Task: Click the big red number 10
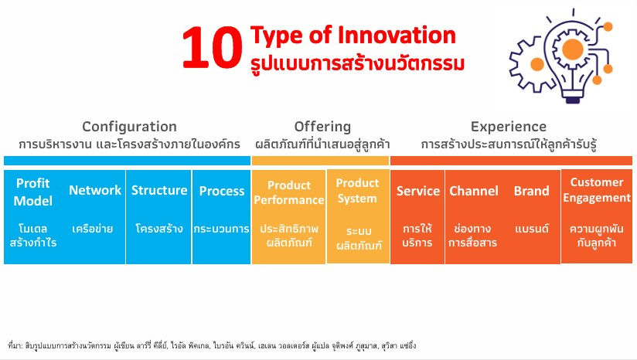(x=212, y=48)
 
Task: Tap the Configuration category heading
(x=129, y=127)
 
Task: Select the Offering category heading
(x=322, y=127)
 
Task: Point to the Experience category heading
(x=509, y=127)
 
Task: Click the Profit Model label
(x=33, y=192)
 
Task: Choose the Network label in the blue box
(x=95, y=190)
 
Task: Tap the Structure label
(x=158, y=190)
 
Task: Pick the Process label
(x=222, y=191)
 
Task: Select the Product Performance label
(x=289, y=192)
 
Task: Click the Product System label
(x=357, y=190)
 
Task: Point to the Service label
(x=418, y=191)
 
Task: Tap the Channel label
(x=474, y=191)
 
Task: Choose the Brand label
(x=531, y=191)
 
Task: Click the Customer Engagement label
(x=596, y=190)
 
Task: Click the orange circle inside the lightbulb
(x=573, y=49)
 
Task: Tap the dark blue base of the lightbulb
(x=572, y=99)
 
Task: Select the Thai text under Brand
(x=531, y=229)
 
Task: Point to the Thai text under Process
(x=221, y=229)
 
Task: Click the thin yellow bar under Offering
(x=320, y=161)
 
